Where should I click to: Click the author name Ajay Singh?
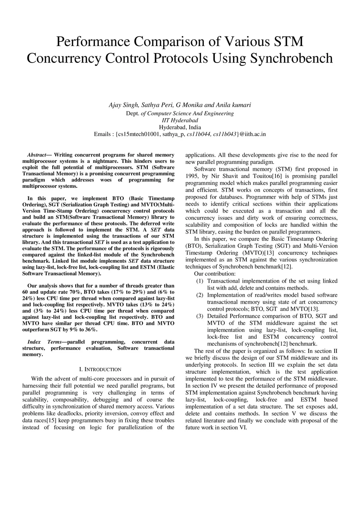click(124, 105)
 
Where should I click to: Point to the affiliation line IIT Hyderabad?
click(180, 120)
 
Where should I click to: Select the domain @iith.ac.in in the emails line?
click(253, 134)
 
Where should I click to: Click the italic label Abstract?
click(37, 155)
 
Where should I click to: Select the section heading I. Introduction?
click(100, 369)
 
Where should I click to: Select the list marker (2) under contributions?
click(200, 295)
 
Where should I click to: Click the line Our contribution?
click(214, 274)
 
